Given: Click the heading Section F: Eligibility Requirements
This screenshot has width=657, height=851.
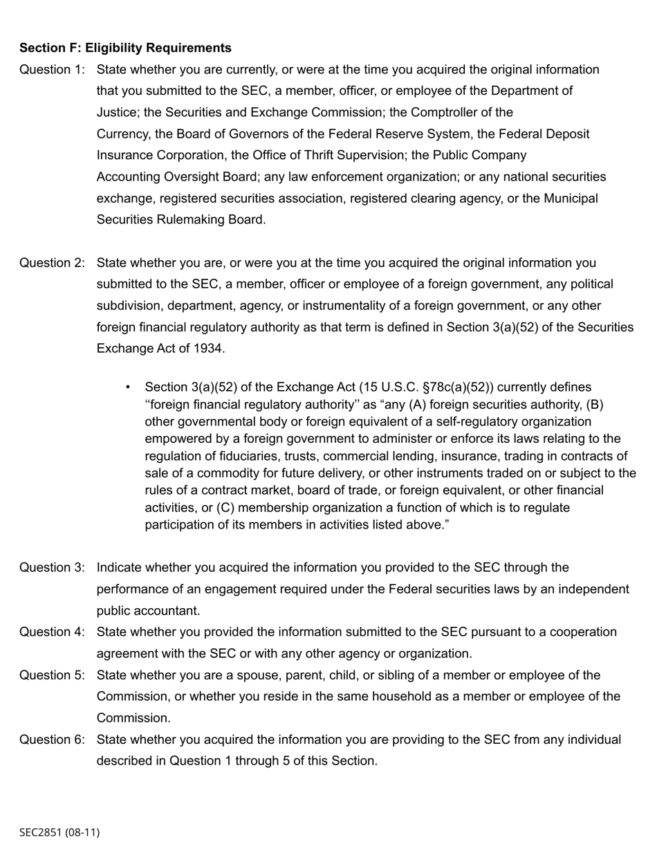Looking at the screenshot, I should (125, 48).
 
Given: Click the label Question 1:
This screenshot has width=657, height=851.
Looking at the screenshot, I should (52, 70).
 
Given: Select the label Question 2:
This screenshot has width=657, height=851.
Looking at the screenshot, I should (52, 263).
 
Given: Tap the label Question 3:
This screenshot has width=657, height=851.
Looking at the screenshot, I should (52, 568).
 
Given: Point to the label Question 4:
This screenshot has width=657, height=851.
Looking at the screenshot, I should (52, 632).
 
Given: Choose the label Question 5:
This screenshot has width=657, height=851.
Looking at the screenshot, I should (52, 675).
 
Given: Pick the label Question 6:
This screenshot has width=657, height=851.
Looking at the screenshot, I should (52, 740).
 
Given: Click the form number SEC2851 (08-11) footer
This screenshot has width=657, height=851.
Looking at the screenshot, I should (59, 832).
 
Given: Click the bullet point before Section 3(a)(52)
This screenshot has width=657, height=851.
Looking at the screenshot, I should (128, 387).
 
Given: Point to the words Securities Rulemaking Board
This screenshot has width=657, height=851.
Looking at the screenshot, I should (181, 220).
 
